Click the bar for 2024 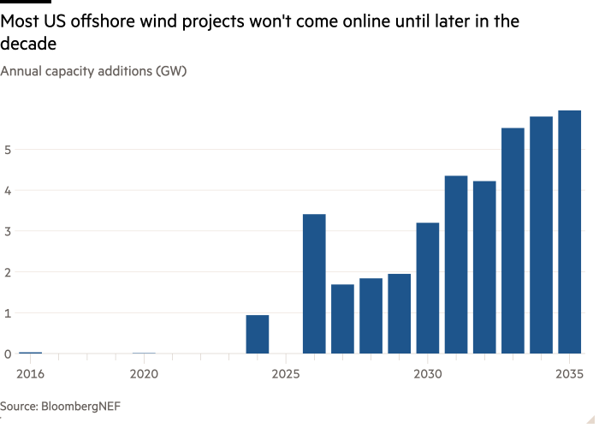pyautogui.click(x=258, y=334)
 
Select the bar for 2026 pyautogui.click(x=314, y=283)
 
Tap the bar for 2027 pyautogui.click(x=342, y=318)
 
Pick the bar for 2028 pyautogui.click(x=371, y=316)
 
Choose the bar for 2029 pyautogui.click(x=400, y=313)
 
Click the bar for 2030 pyautogui.click(x=428, y=288)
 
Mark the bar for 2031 pyautogui.click(x=456, y=265)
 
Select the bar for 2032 pyautogui.click(x=484, y=267)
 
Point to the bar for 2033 pyautogui.click(x=513, y=241)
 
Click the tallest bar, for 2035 pyautogui.click(x=570, y=232)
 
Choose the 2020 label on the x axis pyautogui.click(x=144, y=374)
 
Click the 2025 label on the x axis pyautogui.click(x=286, y=374)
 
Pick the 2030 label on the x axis pyautogui.click(x=428, y=374)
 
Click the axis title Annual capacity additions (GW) pyautogui.click(x=93, y=71)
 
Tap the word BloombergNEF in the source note pyautogui.click(x=82, y=405)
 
